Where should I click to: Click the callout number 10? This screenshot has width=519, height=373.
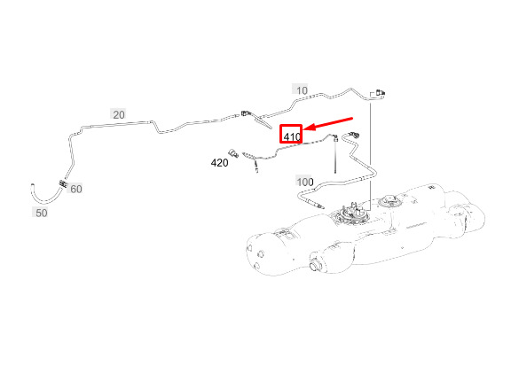pyautogui.click(x=302, y=90)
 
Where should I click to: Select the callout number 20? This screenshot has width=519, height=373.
pyautogui.click(x=119, y=115)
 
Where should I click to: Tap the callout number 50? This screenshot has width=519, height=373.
pyautogui.click(x=42, y=213)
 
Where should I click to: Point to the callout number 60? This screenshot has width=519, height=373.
pyautogui.click(x=76, y=189)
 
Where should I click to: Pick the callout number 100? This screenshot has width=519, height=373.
pyautogui.click(x=305, y=182)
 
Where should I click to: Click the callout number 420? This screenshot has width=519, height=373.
pyautogui.click(x=219, y=163)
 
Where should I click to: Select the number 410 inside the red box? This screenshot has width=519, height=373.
pyautogui.click(x=292, y=136)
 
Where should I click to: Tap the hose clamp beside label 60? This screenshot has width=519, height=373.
pyautogui.click(x=63, y=183)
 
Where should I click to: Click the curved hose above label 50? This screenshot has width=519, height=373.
pyautogui.click(x=44, y=200)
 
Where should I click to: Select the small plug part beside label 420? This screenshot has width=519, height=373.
pyautogui.click(x=233, y=153)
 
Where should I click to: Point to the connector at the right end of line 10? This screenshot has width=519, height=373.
pyautogui.click(x=380, y=93)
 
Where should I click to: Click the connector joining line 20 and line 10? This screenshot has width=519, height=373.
pyautogui.click(x=246, y=113)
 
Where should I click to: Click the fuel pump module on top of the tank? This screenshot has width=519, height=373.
pyautogui.click(x=352, y=213)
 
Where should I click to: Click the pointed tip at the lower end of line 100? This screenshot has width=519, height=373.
pyautogui.click(x=322, y=207)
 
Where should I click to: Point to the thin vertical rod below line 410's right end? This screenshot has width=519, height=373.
pyautogui.click(x=335, y=156)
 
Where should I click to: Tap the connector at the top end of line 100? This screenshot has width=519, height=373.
pyautogui.click(x=355, y=135)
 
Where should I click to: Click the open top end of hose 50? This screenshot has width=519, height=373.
pyautogui.click(x=33, y=185)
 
